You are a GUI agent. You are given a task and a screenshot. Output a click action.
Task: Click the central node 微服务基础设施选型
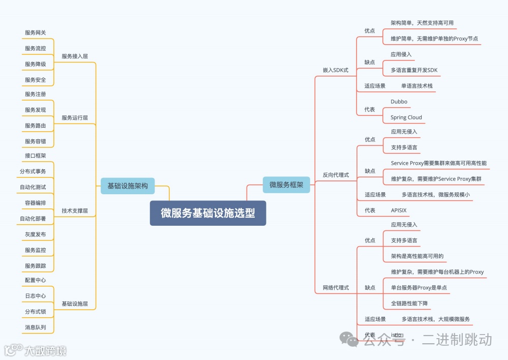(208, 213)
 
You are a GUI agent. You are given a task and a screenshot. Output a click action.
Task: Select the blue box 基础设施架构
(127, 186)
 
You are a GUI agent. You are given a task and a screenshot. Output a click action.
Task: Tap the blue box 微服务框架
(286, 185)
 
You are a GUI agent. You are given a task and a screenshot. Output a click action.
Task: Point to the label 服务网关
(36, 33)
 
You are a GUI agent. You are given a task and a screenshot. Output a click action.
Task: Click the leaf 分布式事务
(33, 171)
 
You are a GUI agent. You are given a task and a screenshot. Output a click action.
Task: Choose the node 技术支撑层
(75, 211)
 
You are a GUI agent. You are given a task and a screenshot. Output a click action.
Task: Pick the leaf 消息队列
(36, 327)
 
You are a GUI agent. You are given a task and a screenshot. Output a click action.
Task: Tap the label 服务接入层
(75, 56)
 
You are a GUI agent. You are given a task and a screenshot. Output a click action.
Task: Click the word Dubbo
(399, 102)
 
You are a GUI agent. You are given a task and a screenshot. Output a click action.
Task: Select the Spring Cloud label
(406, 117)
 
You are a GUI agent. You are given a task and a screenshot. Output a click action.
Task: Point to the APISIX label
(399, 210)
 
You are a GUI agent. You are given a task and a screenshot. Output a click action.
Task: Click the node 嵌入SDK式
(336, 70)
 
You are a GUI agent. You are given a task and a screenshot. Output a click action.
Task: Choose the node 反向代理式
(336, 175)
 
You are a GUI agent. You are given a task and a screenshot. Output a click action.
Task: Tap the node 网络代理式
(336, 288)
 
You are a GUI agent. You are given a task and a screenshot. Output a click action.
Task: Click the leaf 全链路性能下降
(409, 304)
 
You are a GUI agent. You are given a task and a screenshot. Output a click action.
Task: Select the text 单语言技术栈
(417, 86)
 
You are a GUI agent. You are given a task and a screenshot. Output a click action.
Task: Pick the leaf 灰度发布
(36, 234)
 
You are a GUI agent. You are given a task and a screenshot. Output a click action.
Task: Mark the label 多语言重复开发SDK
(414, 70)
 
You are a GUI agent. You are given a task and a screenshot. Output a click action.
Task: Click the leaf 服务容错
(36, 141)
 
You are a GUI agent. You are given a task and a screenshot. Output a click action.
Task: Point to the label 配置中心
(36, 280)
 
